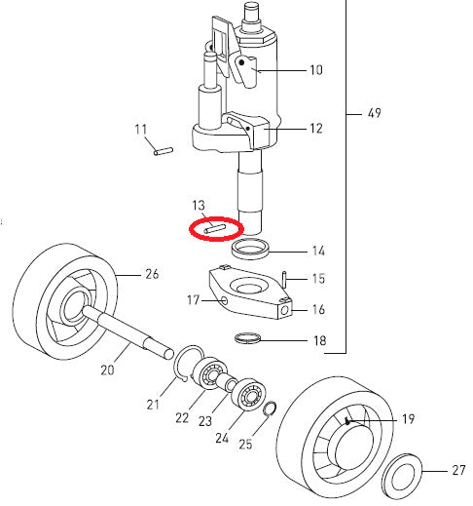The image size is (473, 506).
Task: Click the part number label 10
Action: [x=315, y=71]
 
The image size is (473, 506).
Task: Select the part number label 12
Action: [x=315, y=129]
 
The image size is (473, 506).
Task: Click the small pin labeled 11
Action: [x=164, y=150]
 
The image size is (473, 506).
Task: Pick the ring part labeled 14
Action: [x=249, y=250]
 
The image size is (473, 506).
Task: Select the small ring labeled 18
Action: [x=251, y=339]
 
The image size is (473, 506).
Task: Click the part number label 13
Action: [x=199, y=206]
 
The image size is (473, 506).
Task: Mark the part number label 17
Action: [x=193, y=301]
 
